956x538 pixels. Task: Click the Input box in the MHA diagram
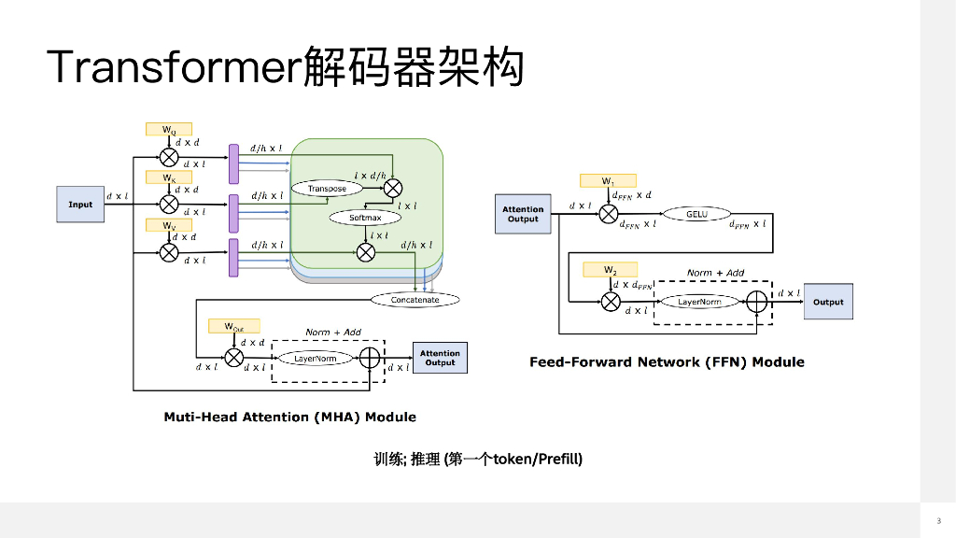tap(81, 205)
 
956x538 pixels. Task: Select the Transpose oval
tap(327, 189)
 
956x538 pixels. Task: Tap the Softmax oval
tap(365, 218)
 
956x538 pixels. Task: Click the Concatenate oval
tap(415, 300)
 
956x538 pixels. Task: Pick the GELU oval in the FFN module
tap(696, 214)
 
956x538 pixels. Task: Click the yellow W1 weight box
tap(608, 180)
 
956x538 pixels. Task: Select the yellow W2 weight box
tap(610, 270)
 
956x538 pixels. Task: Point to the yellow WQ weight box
tap(169, 130)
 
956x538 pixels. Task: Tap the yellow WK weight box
tap(169, 177)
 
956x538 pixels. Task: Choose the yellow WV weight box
tap(169, 226)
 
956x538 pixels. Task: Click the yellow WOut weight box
tap(233, 326)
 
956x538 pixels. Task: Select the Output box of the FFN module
tap(828, 302)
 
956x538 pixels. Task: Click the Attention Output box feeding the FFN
tap(523, 214)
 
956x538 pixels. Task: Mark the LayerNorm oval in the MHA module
tap(316, 358)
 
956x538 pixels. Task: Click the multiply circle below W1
tap(609, 215)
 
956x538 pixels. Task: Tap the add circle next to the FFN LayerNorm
tap(756, 302)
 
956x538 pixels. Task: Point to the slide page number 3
tap(937, 520)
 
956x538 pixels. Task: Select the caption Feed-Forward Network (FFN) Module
tap(667, 362)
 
